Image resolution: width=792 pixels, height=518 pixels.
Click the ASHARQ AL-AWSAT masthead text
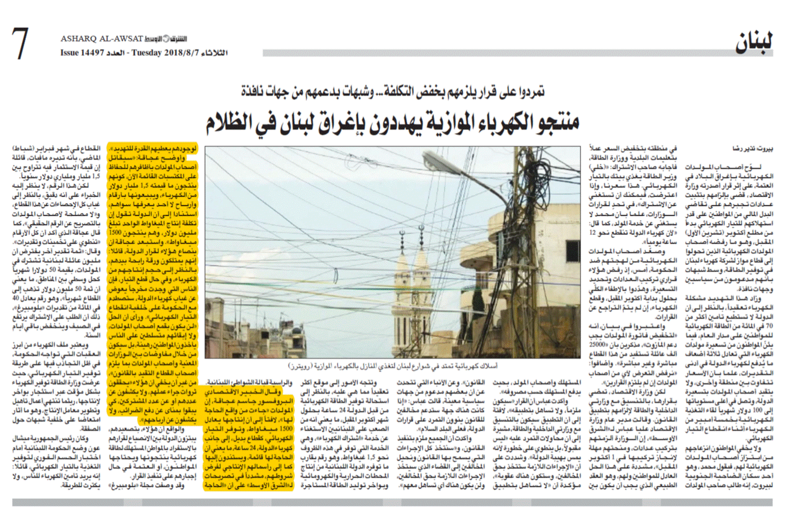click(101, 39)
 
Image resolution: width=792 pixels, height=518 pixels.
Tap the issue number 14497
click(92, 53)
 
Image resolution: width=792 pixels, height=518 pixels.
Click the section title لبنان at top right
click(754, 43)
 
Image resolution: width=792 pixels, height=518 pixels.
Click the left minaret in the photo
click(403, 274)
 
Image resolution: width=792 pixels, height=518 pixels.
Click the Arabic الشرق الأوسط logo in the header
click(166, 39)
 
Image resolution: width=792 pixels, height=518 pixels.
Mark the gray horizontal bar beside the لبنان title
click(493, 53)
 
